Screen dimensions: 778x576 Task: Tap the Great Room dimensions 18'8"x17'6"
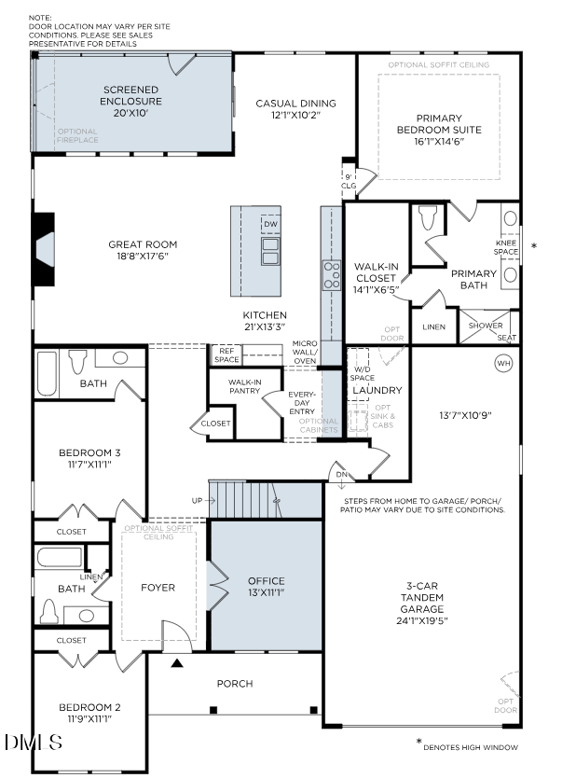[x=142, y=257]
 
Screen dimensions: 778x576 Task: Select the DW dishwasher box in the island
[x=270, y=225]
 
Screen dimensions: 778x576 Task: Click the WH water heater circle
[x=504, y=362]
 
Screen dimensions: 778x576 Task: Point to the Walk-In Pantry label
[x=244, y=387]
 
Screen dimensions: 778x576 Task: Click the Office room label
[x=266, y=581]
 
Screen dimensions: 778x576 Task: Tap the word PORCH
[x=235, y=684]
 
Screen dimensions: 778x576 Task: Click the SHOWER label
[x=485, y=326]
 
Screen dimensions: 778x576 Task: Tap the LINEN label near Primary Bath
[x=433, y=327]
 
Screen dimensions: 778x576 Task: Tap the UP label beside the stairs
[x=197, y=501]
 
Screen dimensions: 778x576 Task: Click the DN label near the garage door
[x=340, y=474]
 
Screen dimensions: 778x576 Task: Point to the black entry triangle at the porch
[x=177, y=664]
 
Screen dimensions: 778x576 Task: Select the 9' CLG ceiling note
[x=349, y=181]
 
